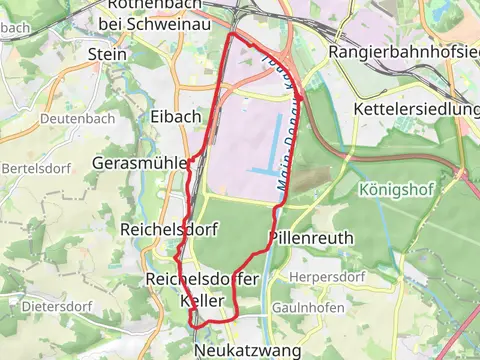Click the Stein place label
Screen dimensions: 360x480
click(101, 53)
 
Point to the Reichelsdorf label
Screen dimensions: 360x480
click(155, 229)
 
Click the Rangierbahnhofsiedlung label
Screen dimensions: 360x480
click(404, 52)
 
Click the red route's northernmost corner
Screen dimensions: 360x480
click(233, 34)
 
